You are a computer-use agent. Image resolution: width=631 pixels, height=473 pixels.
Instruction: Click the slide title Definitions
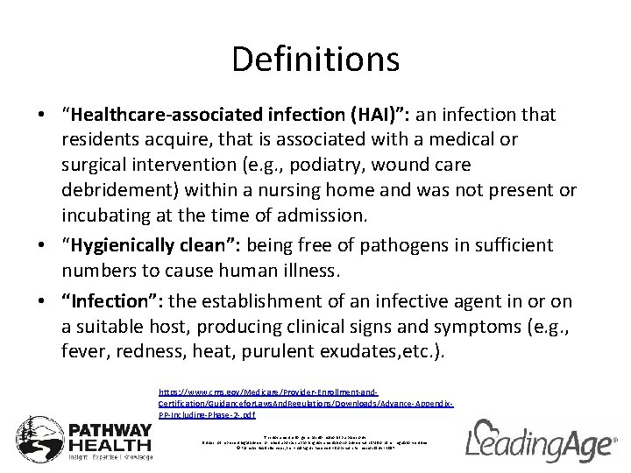pyautogui.click(x=315, y=60)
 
